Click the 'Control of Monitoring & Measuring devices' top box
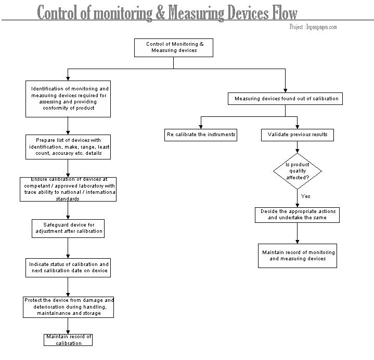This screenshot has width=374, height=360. [174, 48]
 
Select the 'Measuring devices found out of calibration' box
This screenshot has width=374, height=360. [285, 99]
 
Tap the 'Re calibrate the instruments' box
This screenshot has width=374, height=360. [201, 135]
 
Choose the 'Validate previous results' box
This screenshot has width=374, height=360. [298, 135]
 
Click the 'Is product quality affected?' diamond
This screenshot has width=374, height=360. [298, 171]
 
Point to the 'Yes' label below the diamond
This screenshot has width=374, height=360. [305, 196]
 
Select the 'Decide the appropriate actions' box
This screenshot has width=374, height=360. [297, 215]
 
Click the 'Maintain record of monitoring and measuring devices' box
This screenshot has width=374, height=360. [298, 256]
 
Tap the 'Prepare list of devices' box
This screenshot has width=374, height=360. [68, 147]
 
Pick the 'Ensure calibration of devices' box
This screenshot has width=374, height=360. [68, 189]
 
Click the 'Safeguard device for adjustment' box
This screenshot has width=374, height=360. [68, 229]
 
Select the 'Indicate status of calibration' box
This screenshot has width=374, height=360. [68, 268]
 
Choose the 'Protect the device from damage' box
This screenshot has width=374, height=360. [69, 307]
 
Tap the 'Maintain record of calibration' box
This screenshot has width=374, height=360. [68, 340]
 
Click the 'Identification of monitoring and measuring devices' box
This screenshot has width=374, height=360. [68, 99]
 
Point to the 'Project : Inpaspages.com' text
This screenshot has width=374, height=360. [313, 27]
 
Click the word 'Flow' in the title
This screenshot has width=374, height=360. [285, 12]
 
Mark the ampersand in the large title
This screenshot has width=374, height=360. [160, 12]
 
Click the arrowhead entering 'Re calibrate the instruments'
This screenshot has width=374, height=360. [201, 127]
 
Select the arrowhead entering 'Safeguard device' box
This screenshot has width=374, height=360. [68, 217]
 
